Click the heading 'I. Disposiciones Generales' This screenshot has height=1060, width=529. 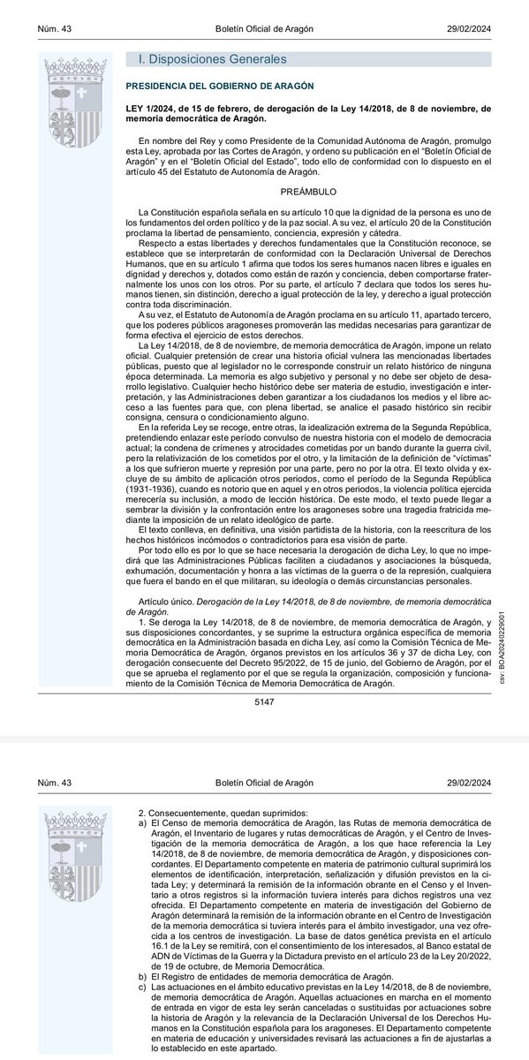pyautogui.click(x=212, y=59)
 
